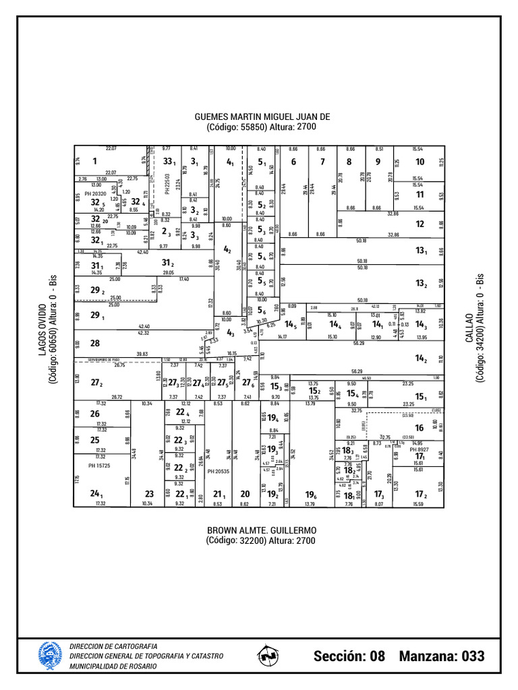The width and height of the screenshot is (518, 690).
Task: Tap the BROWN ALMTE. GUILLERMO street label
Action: coord(262,530)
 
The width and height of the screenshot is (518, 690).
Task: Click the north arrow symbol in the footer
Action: coord(269,655)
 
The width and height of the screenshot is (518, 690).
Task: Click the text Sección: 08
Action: coord(349,656)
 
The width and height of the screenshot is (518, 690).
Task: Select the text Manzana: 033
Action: coord(442,656)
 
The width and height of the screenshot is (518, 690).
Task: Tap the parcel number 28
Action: coord(94,343)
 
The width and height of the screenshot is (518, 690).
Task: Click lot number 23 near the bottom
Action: coord(149,493)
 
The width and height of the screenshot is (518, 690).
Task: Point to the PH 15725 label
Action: coord(99,466)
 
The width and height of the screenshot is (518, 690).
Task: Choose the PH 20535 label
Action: coord(219,472)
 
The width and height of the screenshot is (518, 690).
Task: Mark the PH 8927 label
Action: coord(420,449)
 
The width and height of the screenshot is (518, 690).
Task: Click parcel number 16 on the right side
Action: coord(420,428)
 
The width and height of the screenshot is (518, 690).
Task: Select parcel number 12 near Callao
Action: coord(420,224)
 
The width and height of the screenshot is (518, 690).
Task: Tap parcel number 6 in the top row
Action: coord(293,162)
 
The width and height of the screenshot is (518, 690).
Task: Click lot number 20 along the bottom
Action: coord(245,493)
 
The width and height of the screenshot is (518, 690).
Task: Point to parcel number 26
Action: coord(95,414)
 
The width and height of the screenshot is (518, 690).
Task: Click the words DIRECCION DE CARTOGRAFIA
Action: coord(113,646)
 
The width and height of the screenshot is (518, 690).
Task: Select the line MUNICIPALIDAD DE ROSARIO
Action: coord(113,666)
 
